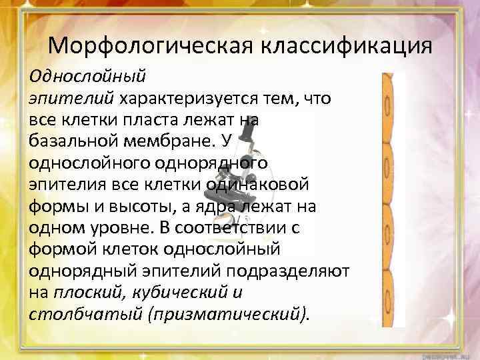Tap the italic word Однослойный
pos(87,76)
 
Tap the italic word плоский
pos(86,291)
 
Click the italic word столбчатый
pos(74,313)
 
